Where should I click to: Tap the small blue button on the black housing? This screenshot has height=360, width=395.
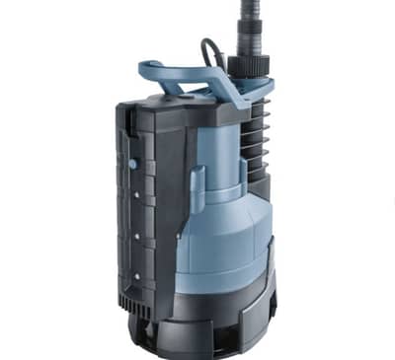(131, 161)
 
